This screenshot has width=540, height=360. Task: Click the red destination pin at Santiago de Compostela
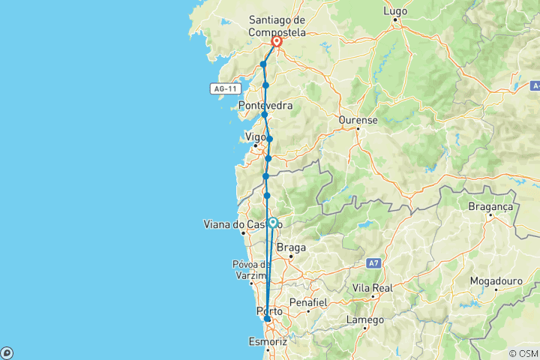pyautogui.click(x=276, y=43)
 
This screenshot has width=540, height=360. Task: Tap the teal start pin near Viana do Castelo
pyautogui.click(x=273, y=223)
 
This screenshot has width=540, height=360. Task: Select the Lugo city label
pyautogui.click(x=395, y=11)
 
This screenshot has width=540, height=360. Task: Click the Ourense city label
pyautogui.click(x=358, y=119)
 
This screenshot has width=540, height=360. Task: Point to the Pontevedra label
pyautogui.click(x=265, y=106)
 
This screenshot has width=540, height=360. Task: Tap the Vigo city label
pyautogui.click(x=256, y=137)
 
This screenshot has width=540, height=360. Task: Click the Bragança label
pyautogui.click(x=489, y=206)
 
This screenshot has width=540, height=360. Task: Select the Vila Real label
pyautogui.click(x=373, y=287)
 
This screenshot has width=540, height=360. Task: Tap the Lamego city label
pyautogui.click(x=365, y=319)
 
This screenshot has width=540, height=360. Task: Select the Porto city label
pyautogui.click(x=270, y=310)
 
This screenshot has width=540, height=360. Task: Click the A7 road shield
pyautogui.click(x=374, y=263)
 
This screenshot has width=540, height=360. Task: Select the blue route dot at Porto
pyautogui.click(x=267, y=319)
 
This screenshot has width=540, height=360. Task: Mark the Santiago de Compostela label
pyautogui.click(x=277, y=24)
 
